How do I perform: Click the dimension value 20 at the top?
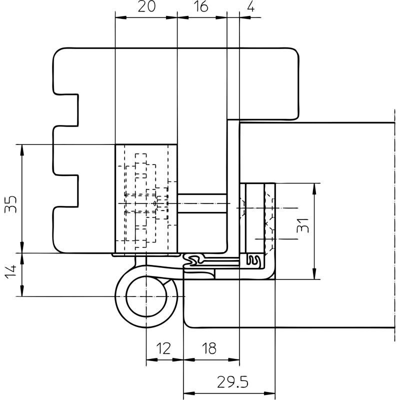(x=146, y=6)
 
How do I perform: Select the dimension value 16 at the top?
(x=201, y=6)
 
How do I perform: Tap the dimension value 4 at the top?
(x=251, y=6)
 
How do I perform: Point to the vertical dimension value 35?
(x=11, y=204)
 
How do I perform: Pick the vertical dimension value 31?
(x=303, y=225)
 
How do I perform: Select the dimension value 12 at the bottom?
(x=163, y=348)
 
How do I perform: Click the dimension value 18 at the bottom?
(x=209, y=348)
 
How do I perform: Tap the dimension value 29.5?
(x=232, y=382)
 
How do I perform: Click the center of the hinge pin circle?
(x=146, y=296)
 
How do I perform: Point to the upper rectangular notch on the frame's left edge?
(x=66, y=110)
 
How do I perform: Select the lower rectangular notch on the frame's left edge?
(x=66, y=191)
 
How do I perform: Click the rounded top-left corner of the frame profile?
(x=57, y=52)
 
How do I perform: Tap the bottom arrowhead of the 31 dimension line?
(x=314, y=273)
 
